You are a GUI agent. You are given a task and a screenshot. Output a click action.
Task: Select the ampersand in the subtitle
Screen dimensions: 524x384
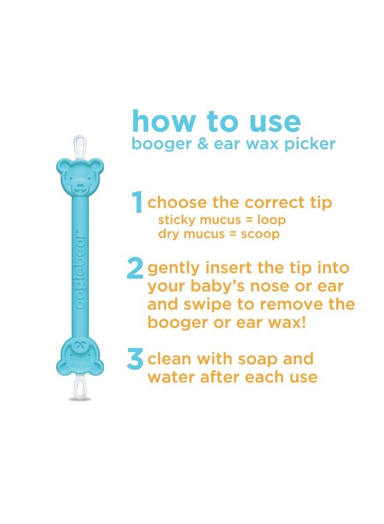pos(201,144)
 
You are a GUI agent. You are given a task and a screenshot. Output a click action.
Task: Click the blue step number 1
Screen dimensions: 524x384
pos(137,203)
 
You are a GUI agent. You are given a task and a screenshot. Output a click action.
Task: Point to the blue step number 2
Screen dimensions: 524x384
pos(136,268)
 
